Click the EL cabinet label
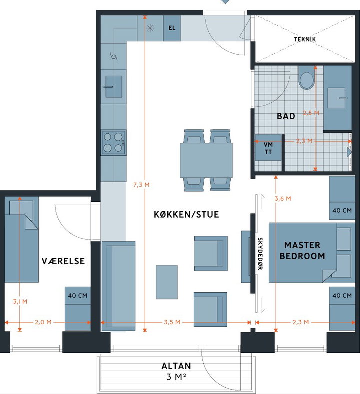pyautogui.click(x=172, y=28)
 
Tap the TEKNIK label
pyautogui.click(x=305, y=39)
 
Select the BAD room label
pyautogui.click(x=286, y=116)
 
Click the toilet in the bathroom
pyautogui.click(x=306, y=78)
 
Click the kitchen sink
pyautogui.click(x=114, y=86)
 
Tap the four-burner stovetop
pyautogui.click(x=113, y=142)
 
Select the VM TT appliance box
pyautogui.click(x=268, y=148)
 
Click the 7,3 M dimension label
pyautogui.click(x=141, y=185)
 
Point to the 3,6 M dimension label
pyautogui.click(x=283, y=199)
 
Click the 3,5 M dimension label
pyautogui.click(x=172, y=322)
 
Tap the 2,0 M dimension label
pyautogui.click(x=43, y=322)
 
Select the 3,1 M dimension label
pyautogui.click(x=20, y=302)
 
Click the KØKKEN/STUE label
pyautogui.click(x=186, y=214)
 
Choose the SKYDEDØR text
pyautogui.click(x=260, y=254)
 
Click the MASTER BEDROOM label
pyautogui.click(x=302, y=251)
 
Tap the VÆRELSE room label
pyautogui.click(x=63, y=261)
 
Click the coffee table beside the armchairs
pyautogui.click(x=167, y=282)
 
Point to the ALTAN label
pyautogui.click(x=176, y=366)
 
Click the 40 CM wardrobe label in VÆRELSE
pyautogui.click(x=78, y=296)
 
